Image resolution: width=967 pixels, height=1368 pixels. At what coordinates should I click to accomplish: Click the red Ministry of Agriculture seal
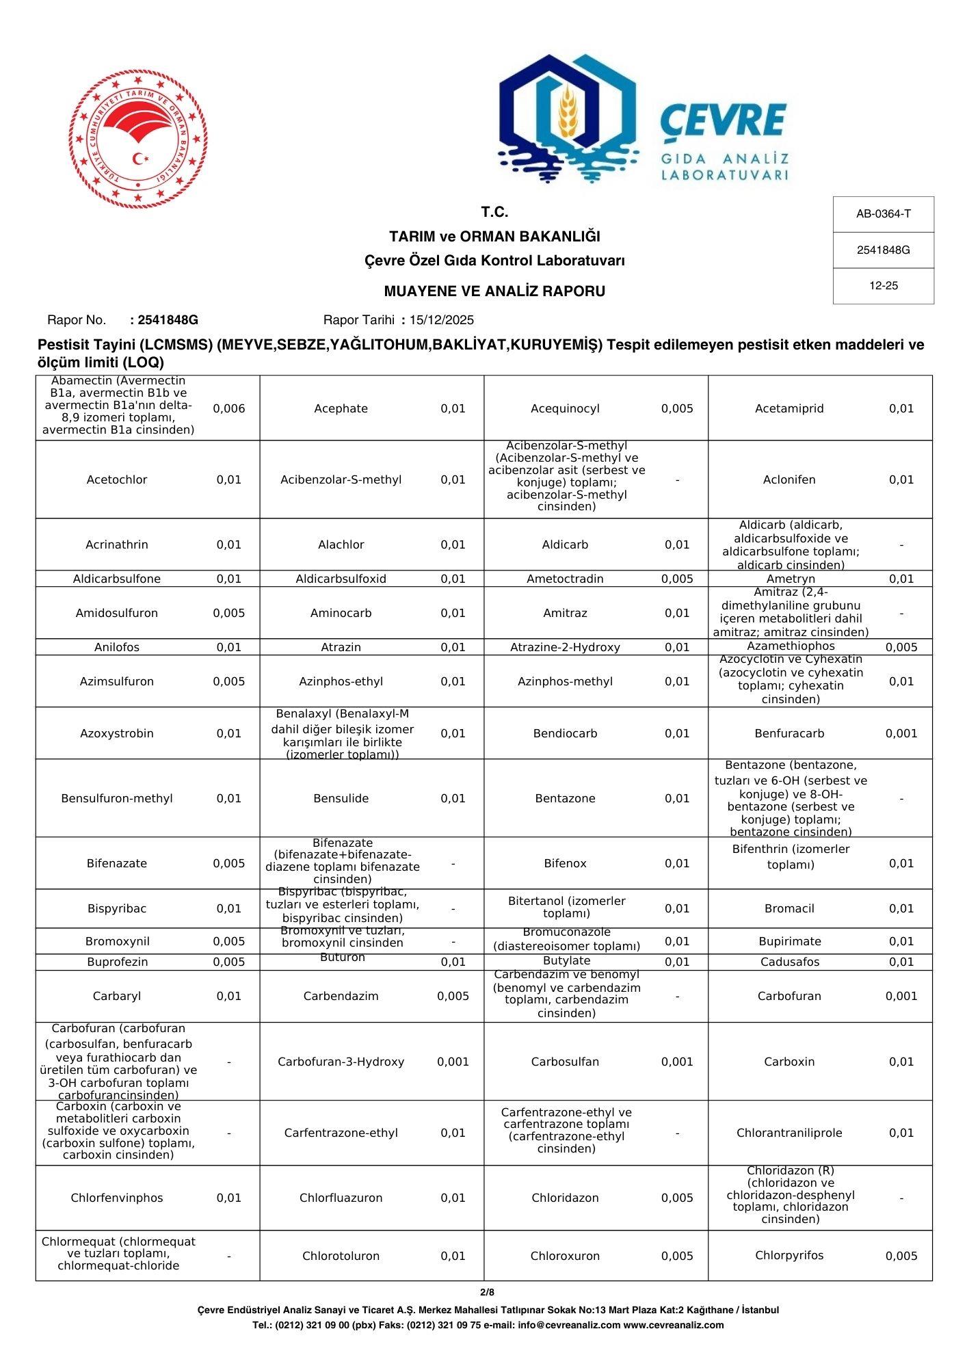138,139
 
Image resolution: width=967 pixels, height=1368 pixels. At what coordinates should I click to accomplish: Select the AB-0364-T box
883,214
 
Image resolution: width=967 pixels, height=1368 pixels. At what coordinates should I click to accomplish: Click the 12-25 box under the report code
883,286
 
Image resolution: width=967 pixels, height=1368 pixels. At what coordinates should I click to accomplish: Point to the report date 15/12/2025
441,320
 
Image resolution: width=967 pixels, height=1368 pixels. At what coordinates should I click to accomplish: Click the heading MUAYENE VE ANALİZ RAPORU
494,291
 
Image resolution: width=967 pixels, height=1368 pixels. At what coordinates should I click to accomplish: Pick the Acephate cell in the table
341,408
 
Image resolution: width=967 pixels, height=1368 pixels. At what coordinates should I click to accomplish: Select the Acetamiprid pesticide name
789,408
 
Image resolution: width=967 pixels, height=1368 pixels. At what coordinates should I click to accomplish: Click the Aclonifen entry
789,479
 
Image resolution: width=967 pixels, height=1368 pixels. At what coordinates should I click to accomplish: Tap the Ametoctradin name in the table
565,579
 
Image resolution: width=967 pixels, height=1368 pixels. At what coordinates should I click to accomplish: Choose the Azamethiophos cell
789,646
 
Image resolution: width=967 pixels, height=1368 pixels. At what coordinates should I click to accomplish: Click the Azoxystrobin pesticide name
117,733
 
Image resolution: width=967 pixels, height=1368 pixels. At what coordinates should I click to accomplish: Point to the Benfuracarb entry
789,733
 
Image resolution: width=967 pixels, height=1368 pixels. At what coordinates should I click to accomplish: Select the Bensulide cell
341,798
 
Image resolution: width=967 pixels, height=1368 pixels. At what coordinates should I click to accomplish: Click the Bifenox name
565,863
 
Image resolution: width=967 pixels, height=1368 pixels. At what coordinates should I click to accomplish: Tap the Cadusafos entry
789,962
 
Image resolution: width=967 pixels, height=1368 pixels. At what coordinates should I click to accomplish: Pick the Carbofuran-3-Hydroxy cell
341,1062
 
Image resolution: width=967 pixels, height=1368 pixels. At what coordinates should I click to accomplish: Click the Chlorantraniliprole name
789,1133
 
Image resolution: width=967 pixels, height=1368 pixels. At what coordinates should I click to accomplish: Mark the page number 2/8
487,1292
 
